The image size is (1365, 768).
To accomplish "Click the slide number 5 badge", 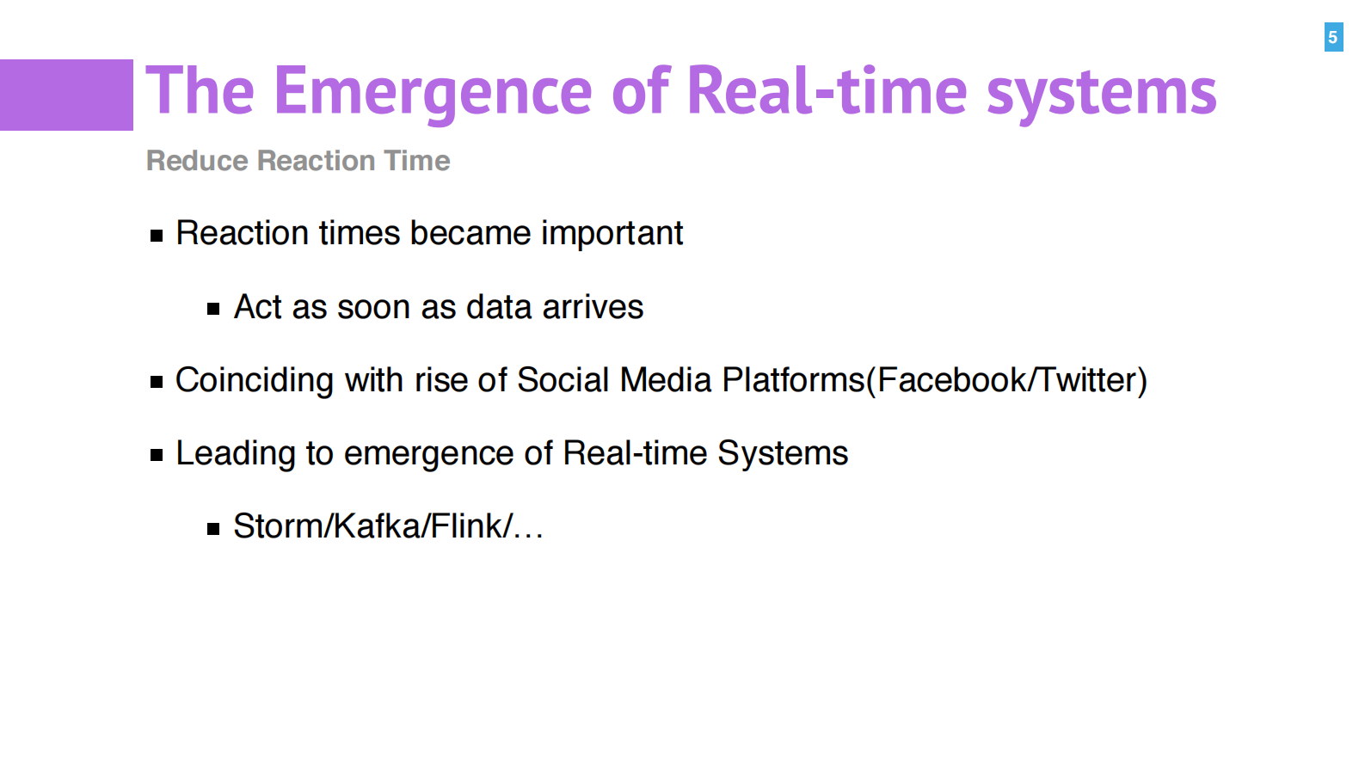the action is click(x=1333, y=37).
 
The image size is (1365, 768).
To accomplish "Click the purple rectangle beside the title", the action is click(x=66, y=95).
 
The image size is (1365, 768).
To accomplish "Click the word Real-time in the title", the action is click(x=827, y=90).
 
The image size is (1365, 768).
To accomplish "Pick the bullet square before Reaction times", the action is click(x=157, y=236).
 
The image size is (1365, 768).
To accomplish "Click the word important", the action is click(x=612, y=234).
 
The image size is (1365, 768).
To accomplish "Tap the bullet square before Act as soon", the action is click(x=213, y=309).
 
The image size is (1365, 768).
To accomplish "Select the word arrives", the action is click(x=593, y=307).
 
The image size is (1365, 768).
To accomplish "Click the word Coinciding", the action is click(x=255, y=381).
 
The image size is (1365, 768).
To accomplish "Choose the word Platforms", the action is click(x=793, y=380).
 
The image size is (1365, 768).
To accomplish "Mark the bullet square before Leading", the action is click(x=157, y=455).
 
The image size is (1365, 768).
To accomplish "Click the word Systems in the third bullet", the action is click(x=783, y=454).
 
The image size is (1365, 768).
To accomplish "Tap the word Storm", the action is click(x=279, y=526).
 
